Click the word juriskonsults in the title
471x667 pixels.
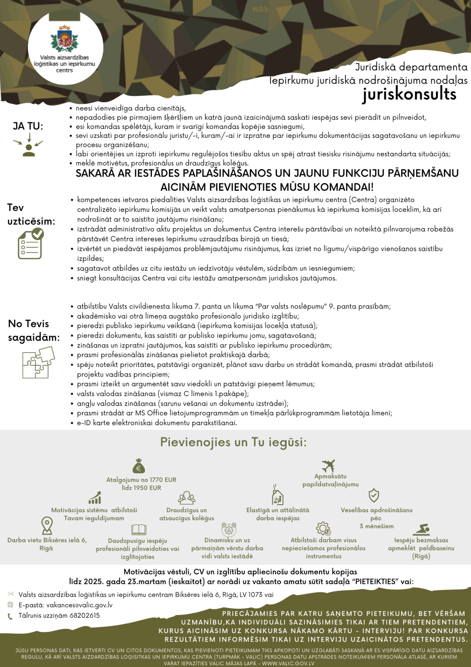pyautogui.click(x=409, y=94)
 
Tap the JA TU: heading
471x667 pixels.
pyautogui.click(x=28, y=126)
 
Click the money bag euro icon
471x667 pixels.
pyautogui.click(x=139, y=466)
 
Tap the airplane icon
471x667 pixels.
pyautogui.click(x=328, y=466)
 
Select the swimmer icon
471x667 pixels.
pyautogui.click(x=421, y=530)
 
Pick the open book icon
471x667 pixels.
pyautogui.click(x=139, y=530)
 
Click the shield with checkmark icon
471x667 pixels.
pyautogui.click(x=374, y=495)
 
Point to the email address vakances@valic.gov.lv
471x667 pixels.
pyautogui.click(x=80, y=605)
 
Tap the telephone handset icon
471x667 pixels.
pyautogui.click(x=10, y=616)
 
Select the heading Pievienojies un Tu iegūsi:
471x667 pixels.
pyautogui.click(x=233, y=442)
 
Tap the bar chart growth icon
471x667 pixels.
pyautogui.click(x=95, y=498)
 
